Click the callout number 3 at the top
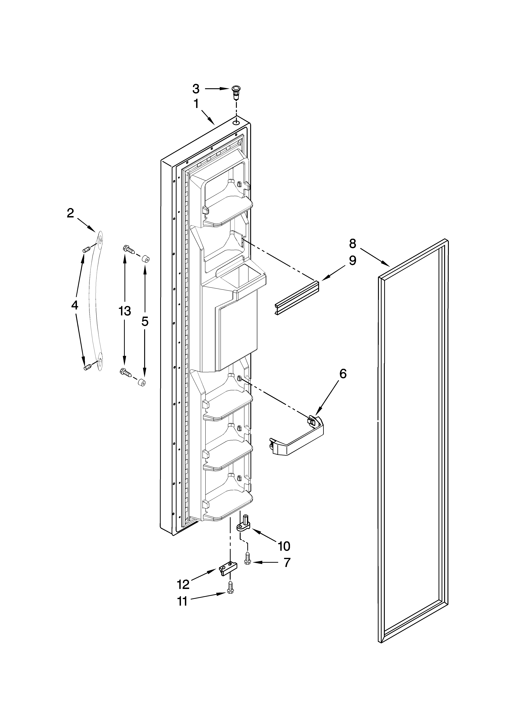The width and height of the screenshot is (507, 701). point(196,89)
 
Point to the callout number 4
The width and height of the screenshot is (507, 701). point(74,305)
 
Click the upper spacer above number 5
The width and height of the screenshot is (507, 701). point(145,259)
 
